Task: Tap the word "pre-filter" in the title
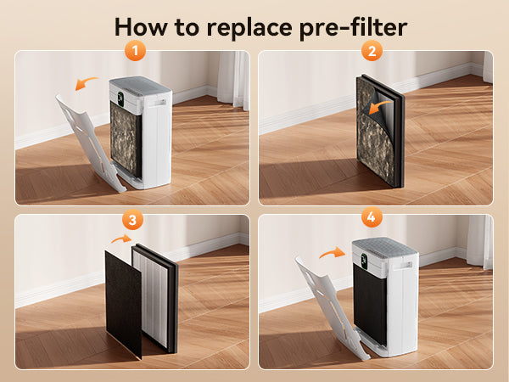(353, 28)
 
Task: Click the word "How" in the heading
(140, 26)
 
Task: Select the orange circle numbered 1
(135, 51)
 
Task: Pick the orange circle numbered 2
(372, 51)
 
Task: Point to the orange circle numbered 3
(132, 220)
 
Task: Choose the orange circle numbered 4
(372, 216)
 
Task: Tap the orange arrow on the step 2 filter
(380, 106)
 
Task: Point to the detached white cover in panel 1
(89, 143)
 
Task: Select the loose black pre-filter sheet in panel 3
(123, 304)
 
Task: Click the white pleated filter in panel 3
(151, 297)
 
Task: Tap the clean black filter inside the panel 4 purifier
(369, 303)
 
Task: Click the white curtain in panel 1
(234, 79)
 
